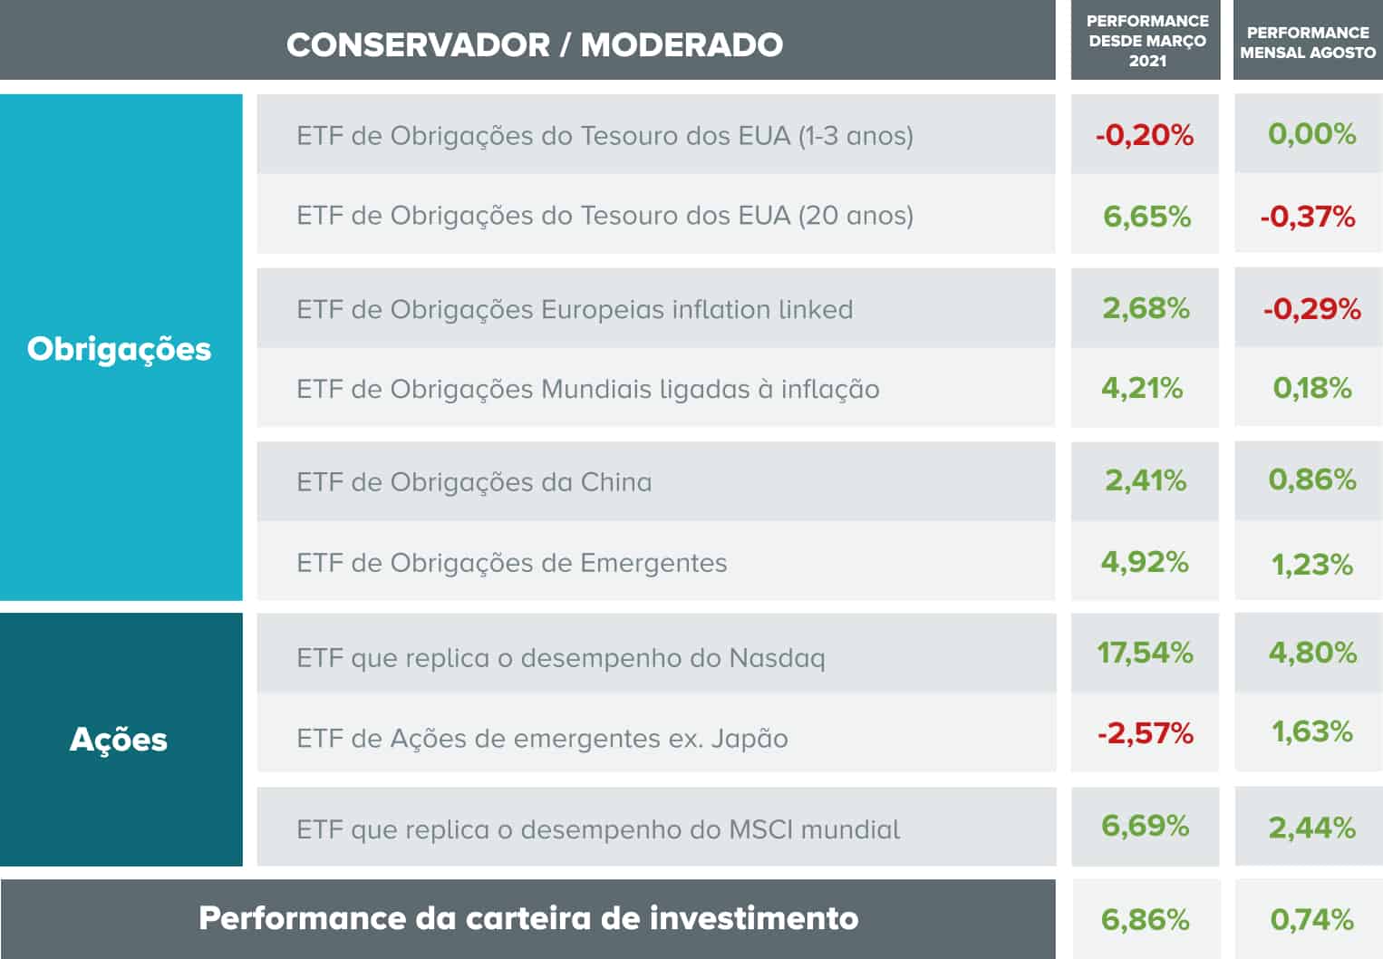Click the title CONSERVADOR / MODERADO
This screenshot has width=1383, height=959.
coord(535,44)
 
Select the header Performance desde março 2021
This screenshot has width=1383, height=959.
coord(1146,41)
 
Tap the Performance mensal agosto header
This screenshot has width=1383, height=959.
coord(1308,43)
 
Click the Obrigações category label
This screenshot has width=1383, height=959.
coord(119,349)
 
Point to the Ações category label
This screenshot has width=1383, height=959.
coord(119,740)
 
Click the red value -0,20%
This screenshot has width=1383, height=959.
coord(1145,135)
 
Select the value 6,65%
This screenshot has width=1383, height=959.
coord(1146,216)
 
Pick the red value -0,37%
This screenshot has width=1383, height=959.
coord(1307,217)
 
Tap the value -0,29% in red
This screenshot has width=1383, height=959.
coord(1311,309)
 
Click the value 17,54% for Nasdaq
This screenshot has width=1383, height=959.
coord(1145,653)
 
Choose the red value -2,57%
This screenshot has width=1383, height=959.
coord(1145,732)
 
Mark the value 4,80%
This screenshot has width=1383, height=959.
coord(1311,653)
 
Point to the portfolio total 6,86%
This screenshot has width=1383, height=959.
coord(1145,919)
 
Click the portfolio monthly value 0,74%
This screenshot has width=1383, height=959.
coord(1311,919)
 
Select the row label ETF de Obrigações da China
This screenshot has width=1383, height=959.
coord(474,482)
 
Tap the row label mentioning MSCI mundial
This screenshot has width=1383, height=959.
coord(598,829)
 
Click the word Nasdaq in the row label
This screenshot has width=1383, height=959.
coord(777,658)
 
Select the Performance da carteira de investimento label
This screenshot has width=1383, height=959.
coord(528,918)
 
